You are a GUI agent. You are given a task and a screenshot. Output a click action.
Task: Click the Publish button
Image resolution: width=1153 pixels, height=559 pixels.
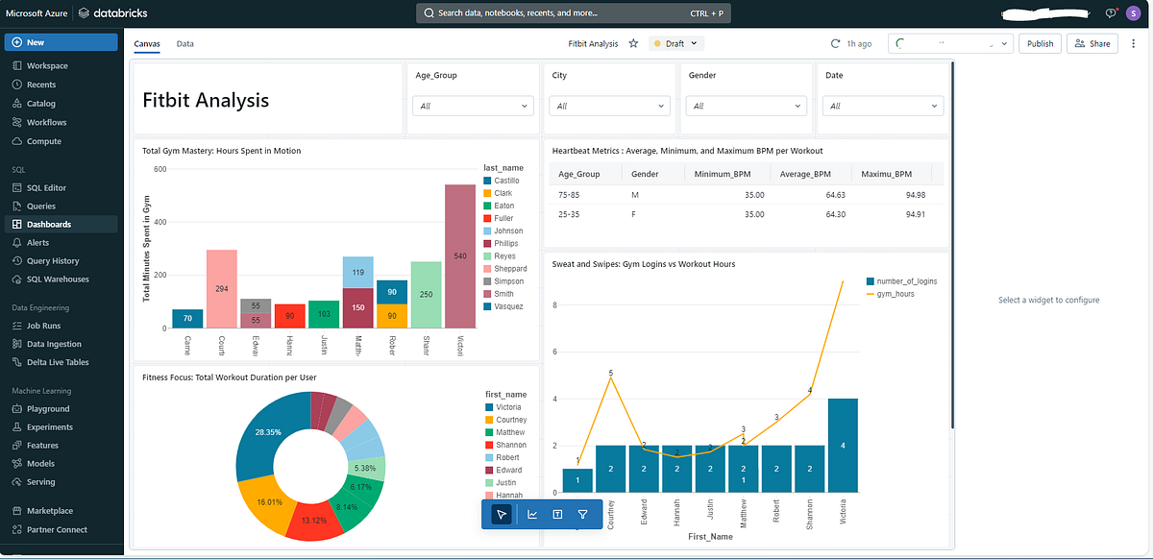[1040, 43]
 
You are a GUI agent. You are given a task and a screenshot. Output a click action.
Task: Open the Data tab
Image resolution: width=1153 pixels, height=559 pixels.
[184, 44]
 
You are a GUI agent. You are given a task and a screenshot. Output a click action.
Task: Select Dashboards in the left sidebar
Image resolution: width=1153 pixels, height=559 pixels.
[49, 224]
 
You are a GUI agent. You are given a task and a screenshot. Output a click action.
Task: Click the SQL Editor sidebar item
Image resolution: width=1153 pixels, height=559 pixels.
[46, 188]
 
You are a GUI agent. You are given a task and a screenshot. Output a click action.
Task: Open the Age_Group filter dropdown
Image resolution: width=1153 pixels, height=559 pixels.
[473, 106]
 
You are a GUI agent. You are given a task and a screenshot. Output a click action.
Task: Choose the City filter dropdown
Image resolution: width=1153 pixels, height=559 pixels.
[609, 106]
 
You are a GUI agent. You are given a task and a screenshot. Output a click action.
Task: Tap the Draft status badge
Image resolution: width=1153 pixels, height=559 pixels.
[677, 43]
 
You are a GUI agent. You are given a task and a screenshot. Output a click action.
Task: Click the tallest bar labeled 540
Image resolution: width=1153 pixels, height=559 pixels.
[460, 256]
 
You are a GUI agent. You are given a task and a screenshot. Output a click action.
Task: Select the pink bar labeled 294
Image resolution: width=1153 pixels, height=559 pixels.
[222, 288]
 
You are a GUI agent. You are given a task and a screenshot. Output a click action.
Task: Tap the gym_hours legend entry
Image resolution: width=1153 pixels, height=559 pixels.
[895, 293]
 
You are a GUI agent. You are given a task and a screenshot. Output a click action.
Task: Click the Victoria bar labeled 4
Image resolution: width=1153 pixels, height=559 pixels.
[843, 445]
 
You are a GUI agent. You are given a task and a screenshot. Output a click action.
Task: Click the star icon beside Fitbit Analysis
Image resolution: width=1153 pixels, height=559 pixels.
[633, 43]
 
